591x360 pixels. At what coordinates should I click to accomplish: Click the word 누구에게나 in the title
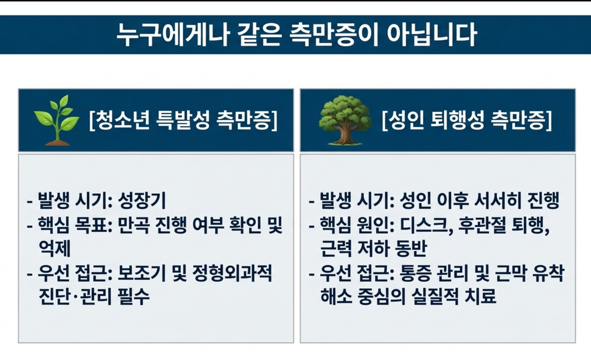pyautogui.click(x=172, y=35)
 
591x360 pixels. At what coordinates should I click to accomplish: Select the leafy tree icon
pyautogui.click(x=345, y=120)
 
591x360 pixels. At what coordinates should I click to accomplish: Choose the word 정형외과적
pyautogui.click(x=232, y=273)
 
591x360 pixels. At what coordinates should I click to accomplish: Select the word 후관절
pyautogui.click(x=482, y=225)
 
